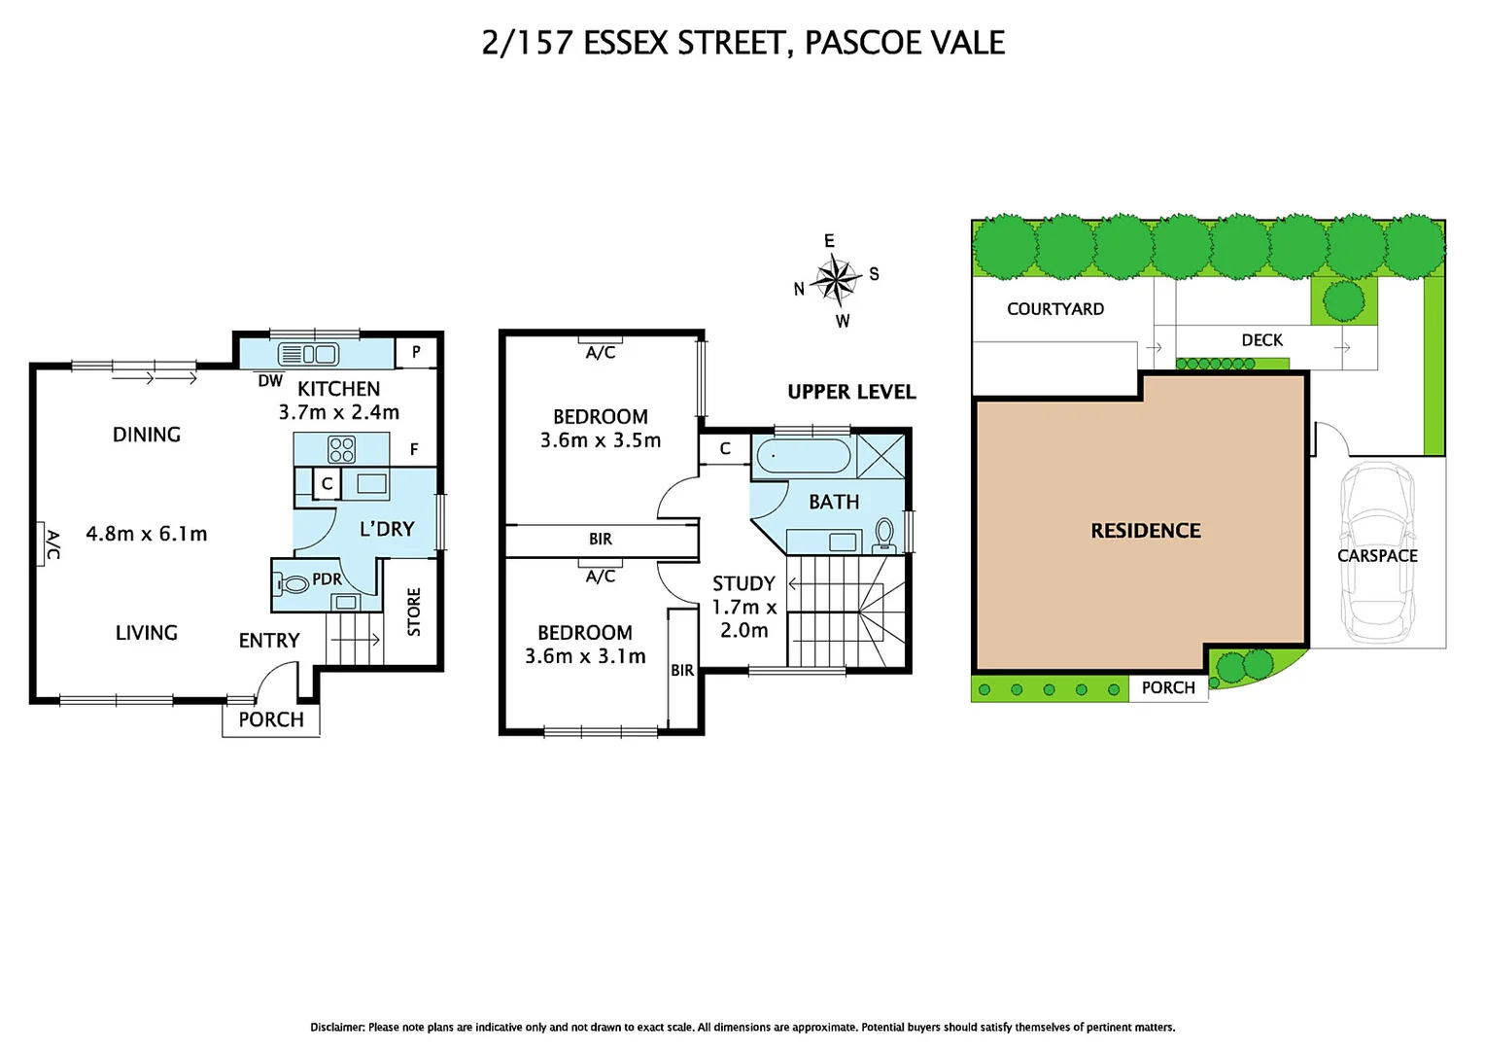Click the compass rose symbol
coord(835,280)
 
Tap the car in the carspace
coord(1377,554)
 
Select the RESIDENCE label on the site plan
coord(1145,531)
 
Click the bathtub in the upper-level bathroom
coord(803,456)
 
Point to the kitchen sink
coord(308,354)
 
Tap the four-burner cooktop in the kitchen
coord(341,449)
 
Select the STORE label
coord(414,612)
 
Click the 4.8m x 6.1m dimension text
coord(147,534)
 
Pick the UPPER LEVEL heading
coord(851,392)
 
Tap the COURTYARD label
coord(1054,309)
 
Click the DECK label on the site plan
coord(1261,340)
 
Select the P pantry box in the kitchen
coord(416,352)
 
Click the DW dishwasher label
coord(270,381)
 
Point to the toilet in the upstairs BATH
coord(884,534)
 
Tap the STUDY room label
coord(743,583)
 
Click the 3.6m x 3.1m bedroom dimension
coord(585,656)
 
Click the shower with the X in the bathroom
coord(881,456)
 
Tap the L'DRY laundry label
coord(387,529)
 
